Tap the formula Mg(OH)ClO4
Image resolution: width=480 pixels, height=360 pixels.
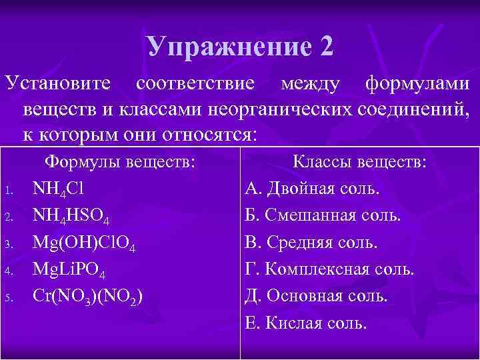point(85,243)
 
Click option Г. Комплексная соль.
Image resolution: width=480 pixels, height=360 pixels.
point(330,270)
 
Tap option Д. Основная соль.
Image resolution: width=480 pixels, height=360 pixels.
point(317,297)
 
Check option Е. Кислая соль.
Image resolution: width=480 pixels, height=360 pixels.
point(306,324)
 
